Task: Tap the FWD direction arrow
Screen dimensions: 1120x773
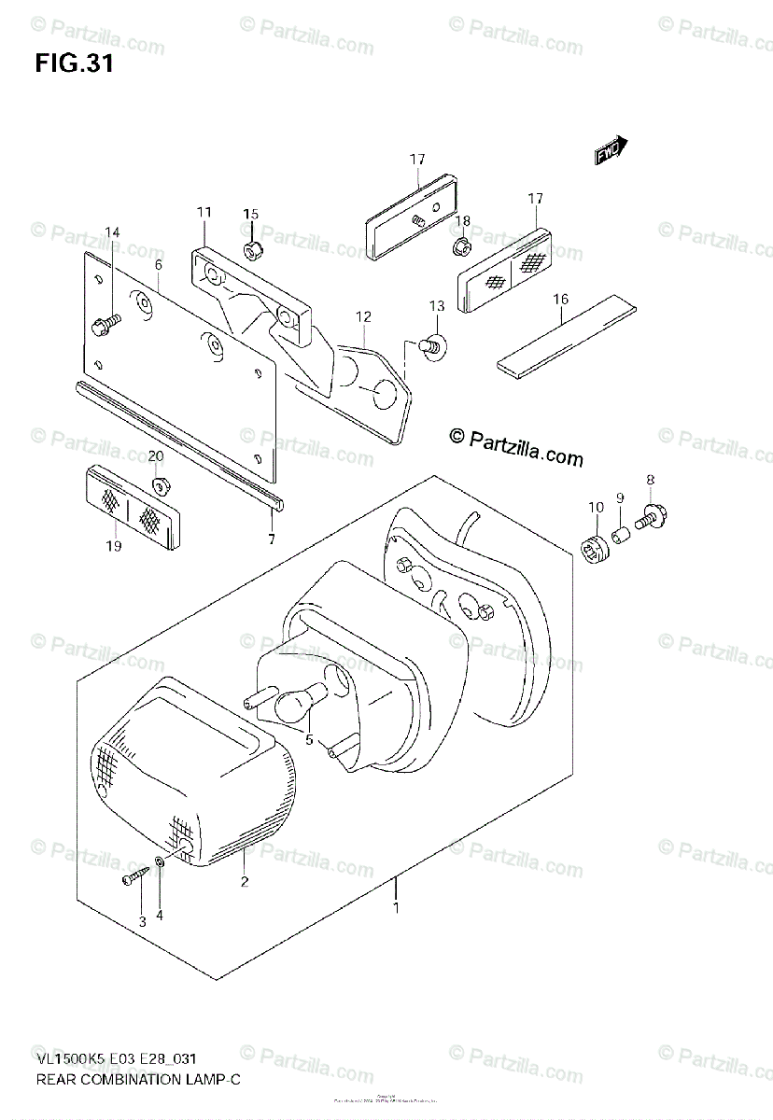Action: (612, 152)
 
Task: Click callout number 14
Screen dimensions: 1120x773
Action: (112, 232)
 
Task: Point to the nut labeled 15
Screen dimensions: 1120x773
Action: (251, 249)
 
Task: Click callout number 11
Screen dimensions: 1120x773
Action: (204, 214)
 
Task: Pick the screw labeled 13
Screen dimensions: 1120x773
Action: (433, 345)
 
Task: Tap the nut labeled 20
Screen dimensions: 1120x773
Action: (159, 486)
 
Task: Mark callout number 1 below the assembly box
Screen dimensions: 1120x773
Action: (396, 907)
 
